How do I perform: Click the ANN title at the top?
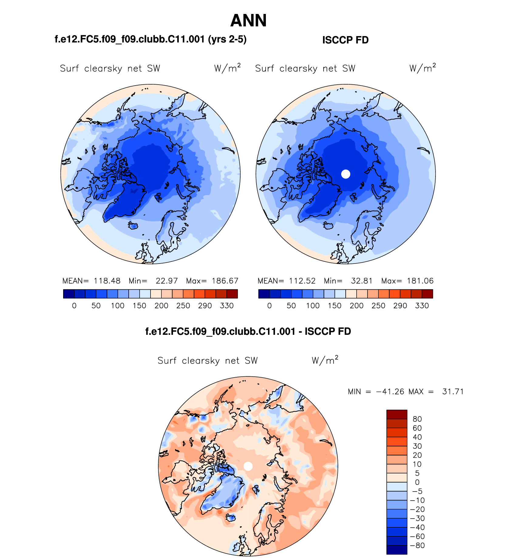pyautogui.click(x=248, y=21)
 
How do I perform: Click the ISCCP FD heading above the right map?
pyautogui.click(x=345, y=40)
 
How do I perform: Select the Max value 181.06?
pyautogui.click(x=420, y=281)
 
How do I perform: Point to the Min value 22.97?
pyautogui.click(x=167, y=281)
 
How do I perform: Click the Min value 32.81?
pyautogui.click(x=362, y=281)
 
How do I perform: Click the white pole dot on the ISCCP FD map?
pyautogui.click(x=346, y=174)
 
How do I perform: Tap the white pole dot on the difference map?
pyautogui.click(x=248, y=466)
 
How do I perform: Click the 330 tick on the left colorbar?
pyautogui.click(x=227, y=306)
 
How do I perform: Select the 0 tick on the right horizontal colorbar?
pyautogui.click(x=269, y=306)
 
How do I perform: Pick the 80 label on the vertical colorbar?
pyautogui.click(x=417, y=419)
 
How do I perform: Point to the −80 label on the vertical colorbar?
pyautogui.click(x=417, y=546)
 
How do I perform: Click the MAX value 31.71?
pyautogui.click(x=453, y=392)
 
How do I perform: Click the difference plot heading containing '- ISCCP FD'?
pyautogui.click(x=248, y=331)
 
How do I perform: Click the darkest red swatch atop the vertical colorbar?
pyautogui.click(x=397, y=415)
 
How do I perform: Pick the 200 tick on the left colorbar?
pyautogui.click(x=161, y=306)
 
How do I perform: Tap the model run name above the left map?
pyautogui.click(x=151, y=39)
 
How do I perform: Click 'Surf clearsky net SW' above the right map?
pyautogui.click(x=305, y=69)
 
